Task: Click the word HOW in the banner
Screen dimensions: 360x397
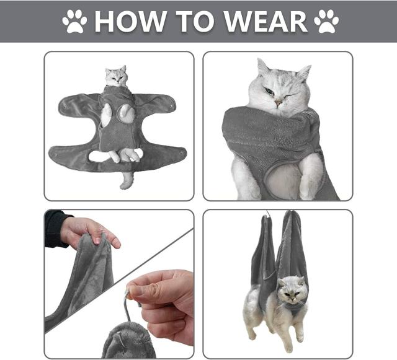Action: click(131, 22)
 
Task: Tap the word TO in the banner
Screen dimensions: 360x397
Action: click(197, 22)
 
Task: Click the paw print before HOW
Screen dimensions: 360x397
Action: click(75, 22)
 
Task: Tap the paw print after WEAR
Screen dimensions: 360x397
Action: click(326, 22)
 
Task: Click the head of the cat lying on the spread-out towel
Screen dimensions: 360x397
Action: click(116, 76)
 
